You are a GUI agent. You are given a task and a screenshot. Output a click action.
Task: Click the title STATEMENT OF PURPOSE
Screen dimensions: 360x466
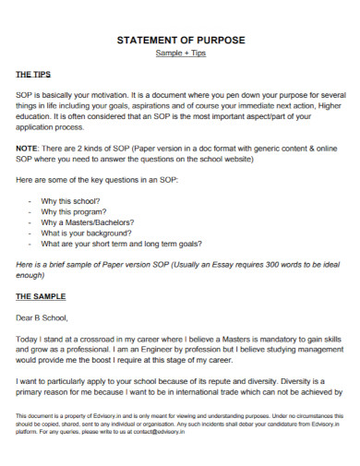point(179,42)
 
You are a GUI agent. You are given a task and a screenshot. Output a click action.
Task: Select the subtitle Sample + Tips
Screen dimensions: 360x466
point(179,54)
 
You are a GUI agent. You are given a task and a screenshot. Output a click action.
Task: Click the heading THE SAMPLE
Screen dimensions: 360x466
point(41,296)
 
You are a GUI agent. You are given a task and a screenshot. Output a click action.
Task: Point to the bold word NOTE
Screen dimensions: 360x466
point(28,148)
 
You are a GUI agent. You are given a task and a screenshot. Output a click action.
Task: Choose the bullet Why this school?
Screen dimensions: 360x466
point(75,200)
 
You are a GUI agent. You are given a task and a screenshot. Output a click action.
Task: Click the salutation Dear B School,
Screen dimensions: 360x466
point(42,318)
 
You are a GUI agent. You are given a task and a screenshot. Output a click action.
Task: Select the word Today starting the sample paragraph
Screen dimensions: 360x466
point(29,340)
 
